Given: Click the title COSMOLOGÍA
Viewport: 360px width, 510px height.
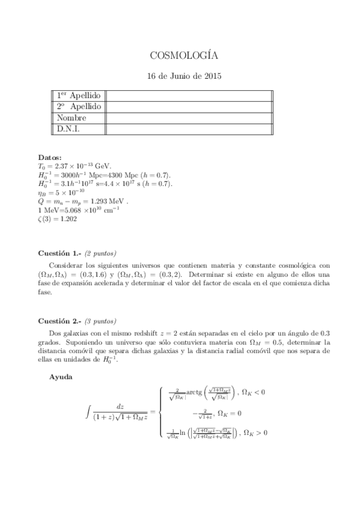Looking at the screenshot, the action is click(x=184, y=56).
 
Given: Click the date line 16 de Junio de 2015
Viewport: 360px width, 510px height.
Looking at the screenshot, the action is click(x=184, y=76).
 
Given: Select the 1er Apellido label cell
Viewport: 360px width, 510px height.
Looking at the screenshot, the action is click(x=79, y=96).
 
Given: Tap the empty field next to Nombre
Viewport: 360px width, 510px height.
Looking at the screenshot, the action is click(x=189, y=118).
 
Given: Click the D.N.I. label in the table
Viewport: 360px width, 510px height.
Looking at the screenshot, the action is click(x=69, y=129).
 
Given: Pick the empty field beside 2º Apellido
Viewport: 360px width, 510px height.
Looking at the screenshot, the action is click(x=189, y=107).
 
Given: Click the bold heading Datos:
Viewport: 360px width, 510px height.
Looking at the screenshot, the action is click(x=49, y=156).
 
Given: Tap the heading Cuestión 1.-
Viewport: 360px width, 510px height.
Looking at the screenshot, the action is click(x=59, y=253).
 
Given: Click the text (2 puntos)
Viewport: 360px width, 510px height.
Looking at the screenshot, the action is click(x=100, y=253).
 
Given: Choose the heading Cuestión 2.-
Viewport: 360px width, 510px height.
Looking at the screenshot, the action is click(x=59, y=321).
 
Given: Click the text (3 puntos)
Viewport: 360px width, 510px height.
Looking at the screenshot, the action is click(x=100, y=321).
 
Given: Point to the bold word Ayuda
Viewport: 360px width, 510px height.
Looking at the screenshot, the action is click(x=63, y=377).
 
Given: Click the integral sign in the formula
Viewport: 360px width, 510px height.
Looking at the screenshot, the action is click(x=90, y=412).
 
